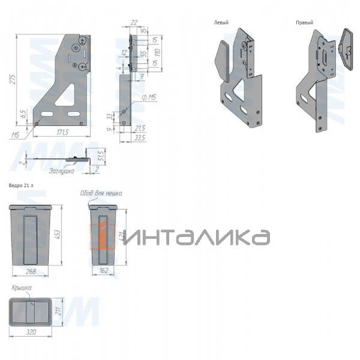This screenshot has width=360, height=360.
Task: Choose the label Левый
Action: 221,22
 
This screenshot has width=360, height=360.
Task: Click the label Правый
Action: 305,22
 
